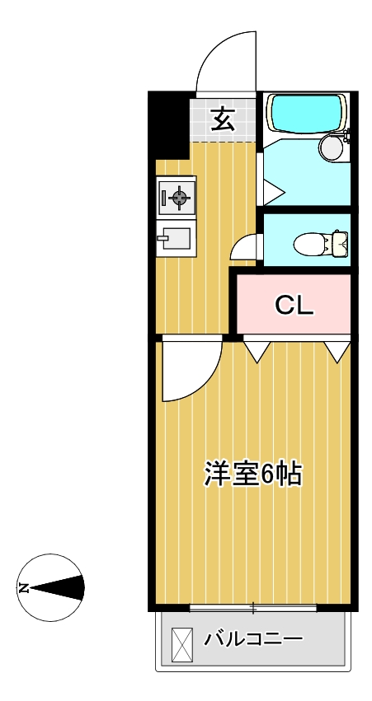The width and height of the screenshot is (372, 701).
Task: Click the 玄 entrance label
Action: tap(222, 119)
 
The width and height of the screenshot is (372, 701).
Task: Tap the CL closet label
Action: tap(294, 306)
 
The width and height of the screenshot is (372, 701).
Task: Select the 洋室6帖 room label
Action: tap(252, 474)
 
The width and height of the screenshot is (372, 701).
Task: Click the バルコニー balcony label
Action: tap(253, 638)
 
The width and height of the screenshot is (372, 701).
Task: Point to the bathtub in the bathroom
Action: tap(305, 114)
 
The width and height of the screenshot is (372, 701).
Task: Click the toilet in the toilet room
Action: tap(322, 243)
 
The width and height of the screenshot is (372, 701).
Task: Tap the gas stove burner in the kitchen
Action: tap(177, 196)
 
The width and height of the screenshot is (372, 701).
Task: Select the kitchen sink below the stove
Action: tap(176, 239)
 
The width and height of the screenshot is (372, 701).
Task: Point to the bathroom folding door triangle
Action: tap(272, 191)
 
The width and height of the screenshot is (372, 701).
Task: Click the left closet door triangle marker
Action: tap(257, 352)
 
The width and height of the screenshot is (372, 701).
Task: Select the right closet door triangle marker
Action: tap(337, 352)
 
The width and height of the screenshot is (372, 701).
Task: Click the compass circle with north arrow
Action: tap(51, 587)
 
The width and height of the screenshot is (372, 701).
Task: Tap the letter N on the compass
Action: tap(24, 588)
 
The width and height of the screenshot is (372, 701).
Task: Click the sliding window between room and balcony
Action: tap(252, 609)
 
